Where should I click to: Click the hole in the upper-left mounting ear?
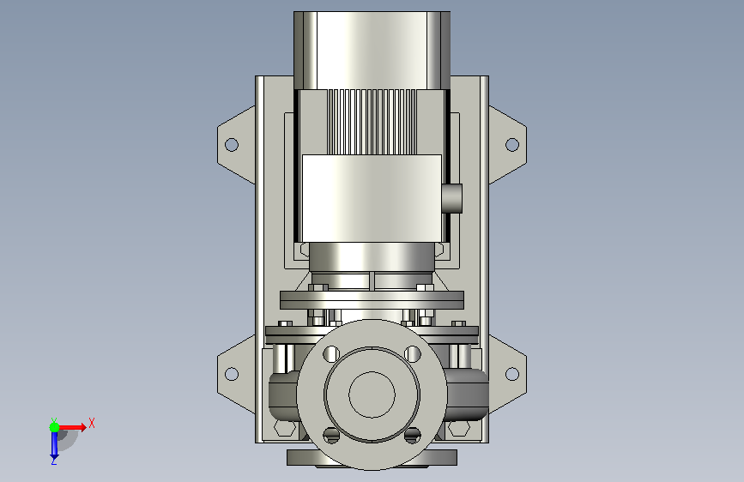coord(231,144)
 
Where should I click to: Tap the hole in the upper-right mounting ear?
coord(512,144)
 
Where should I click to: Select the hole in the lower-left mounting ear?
coord(231,374)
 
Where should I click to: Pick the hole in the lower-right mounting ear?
coord(512,374)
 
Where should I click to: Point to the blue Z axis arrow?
coord(54,445)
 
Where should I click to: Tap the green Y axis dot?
coord(54,427)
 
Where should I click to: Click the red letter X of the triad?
coord(92,423)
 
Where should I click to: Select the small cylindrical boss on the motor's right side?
coord(451,198)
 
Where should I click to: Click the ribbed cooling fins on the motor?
coord(372,122)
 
